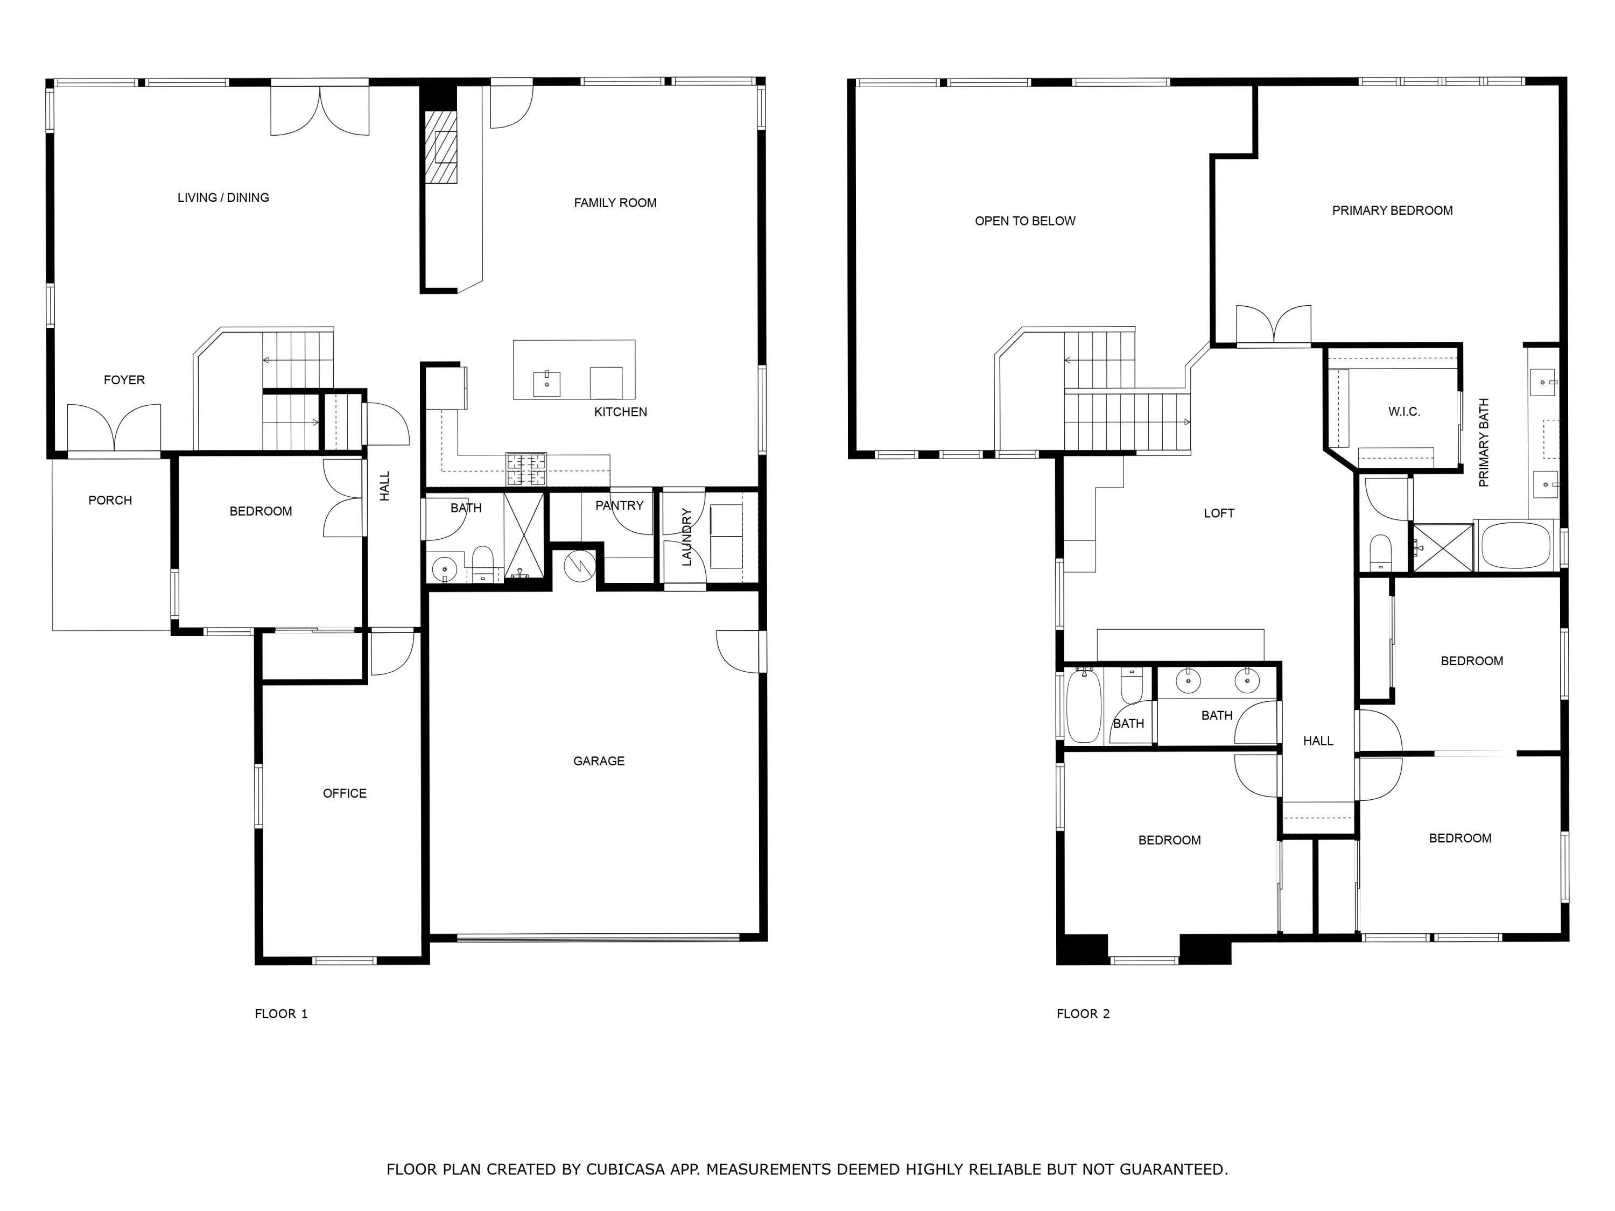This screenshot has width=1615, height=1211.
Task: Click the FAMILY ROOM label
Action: tap(615, 203)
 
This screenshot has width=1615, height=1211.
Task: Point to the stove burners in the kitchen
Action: tap(525, 469)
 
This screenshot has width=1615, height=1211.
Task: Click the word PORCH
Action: tap(110, 501)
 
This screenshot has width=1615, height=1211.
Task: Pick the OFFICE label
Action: tap(345, 793)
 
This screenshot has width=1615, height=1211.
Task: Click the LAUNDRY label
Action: tap(686, 537)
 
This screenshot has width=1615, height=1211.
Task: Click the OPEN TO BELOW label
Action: tap(1025, 221)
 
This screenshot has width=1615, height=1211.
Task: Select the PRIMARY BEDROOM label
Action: tap(1392, 211)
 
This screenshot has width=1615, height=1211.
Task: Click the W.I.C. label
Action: tap(1404, 412)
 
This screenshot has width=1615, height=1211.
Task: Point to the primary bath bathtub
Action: tap(1514, 546)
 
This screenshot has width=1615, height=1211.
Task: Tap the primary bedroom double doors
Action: tap(1273, 326)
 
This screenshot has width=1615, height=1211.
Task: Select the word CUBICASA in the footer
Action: tap(626, 1170)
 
